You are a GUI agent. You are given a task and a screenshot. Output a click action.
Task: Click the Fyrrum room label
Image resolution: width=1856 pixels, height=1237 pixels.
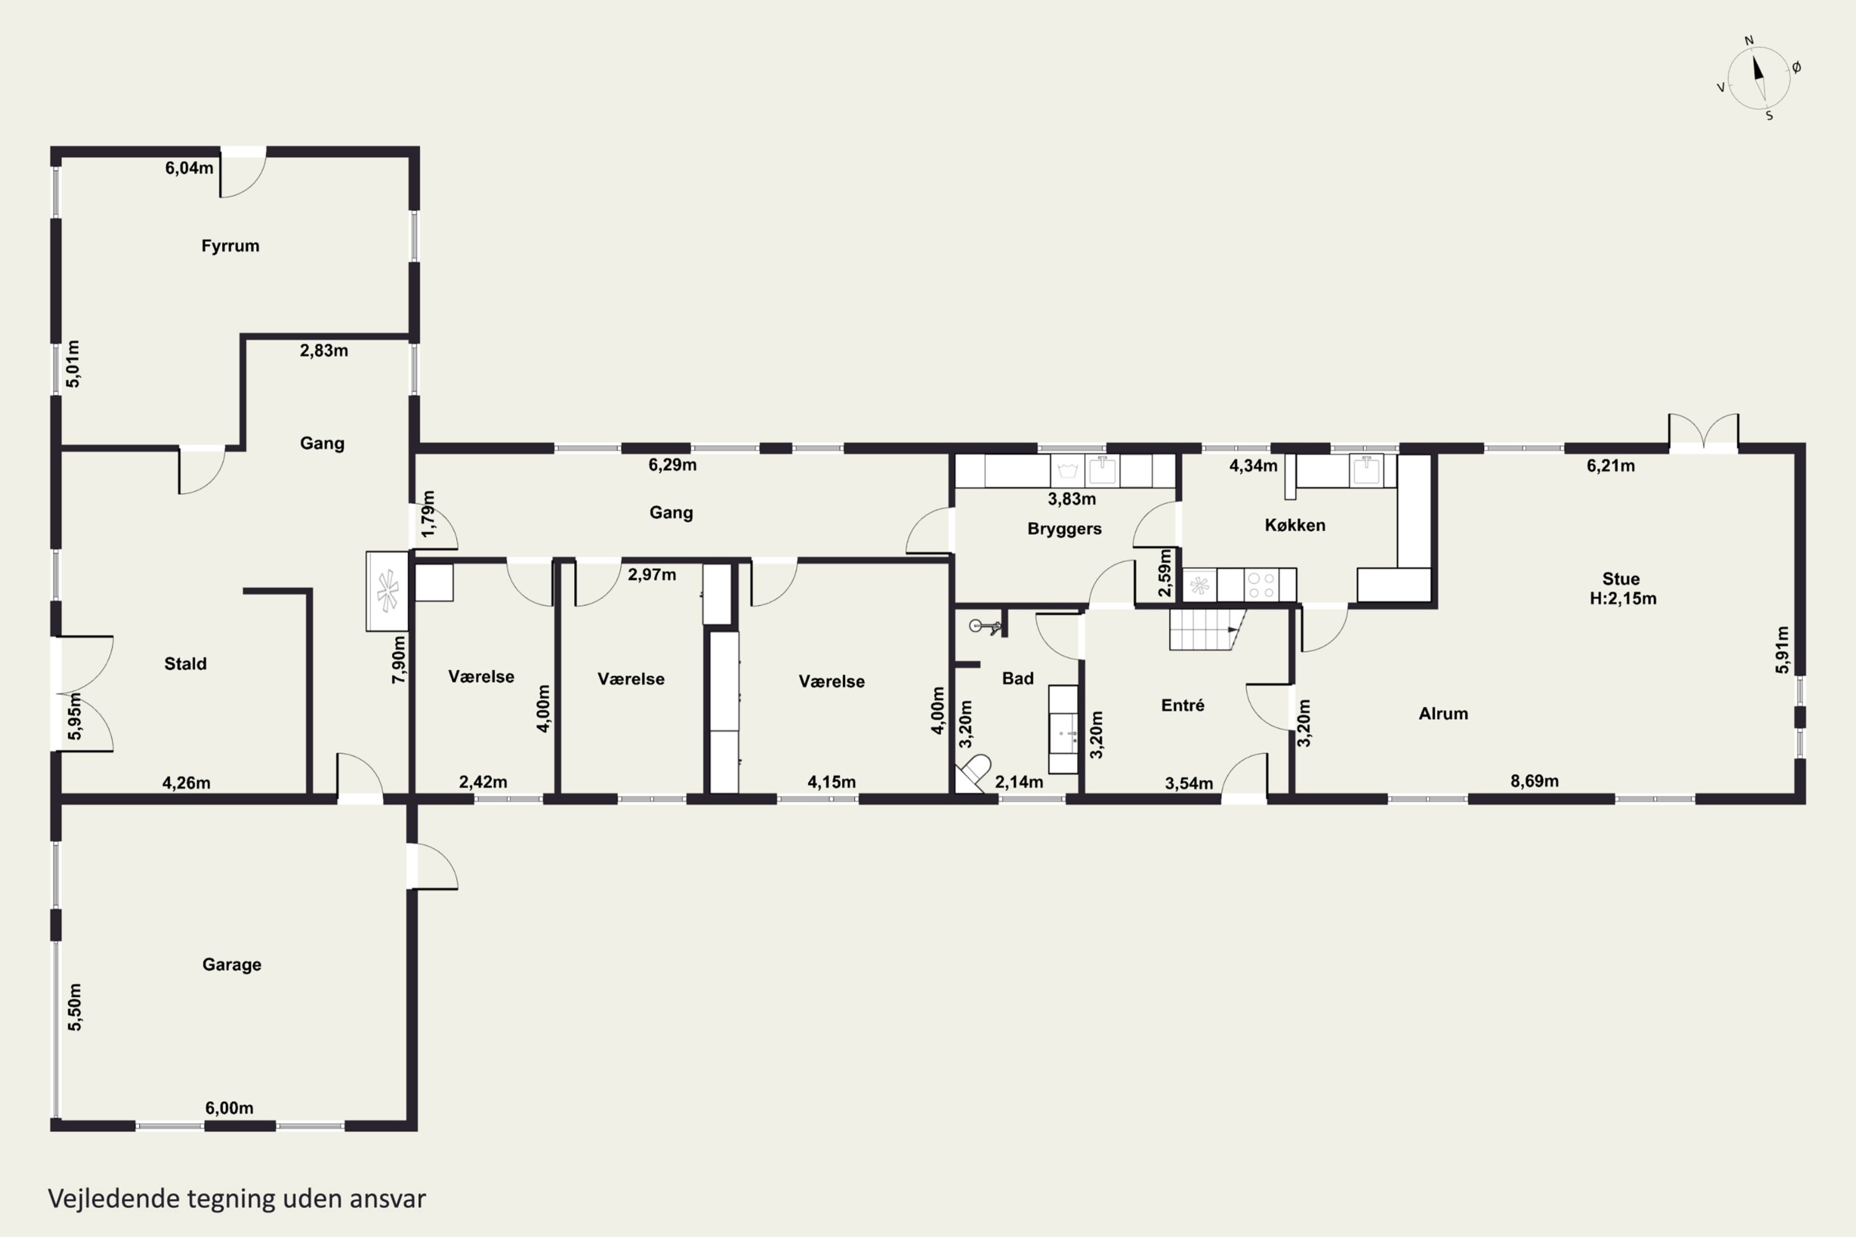point(230,246)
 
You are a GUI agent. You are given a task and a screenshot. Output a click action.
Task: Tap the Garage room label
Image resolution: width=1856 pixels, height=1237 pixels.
point(231,965)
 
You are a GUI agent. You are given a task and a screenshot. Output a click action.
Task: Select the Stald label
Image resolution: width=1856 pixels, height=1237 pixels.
point(186,664)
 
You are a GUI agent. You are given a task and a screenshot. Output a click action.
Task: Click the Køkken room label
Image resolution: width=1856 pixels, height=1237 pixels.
point(1295,525)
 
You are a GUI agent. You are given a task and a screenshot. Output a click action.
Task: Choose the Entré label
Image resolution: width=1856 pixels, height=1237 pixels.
point(1182,705)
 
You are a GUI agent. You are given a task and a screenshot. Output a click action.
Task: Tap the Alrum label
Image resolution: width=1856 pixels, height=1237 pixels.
point(1443,714)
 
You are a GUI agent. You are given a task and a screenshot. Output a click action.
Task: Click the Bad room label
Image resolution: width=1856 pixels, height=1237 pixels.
point(1017,678)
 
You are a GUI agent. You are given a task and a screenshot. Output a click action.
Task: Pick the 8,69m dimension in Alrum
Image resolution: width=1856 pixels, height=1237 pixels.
point(1534,781)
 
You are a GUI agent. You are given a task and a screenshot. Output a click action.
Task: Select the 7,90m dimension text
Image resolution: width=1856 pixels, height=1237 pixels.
point(399,659)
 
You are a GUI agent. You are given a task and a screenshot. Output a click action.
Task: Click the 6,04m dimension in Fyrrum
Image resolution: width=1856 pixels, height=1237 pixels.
point(189,168)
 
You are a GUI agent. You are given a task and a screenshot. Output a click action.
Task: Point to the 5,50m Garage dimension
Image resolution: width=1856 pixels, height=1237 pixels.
point(74,1007)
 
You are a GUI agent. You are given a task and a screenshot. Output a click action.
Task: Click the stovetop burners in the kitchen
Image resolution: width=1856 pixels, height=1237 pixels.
point(1261,585)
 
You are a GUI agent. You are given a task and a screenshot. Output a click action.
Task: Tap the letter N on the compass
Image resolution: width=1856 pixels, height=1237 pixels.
point(1749,40)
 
